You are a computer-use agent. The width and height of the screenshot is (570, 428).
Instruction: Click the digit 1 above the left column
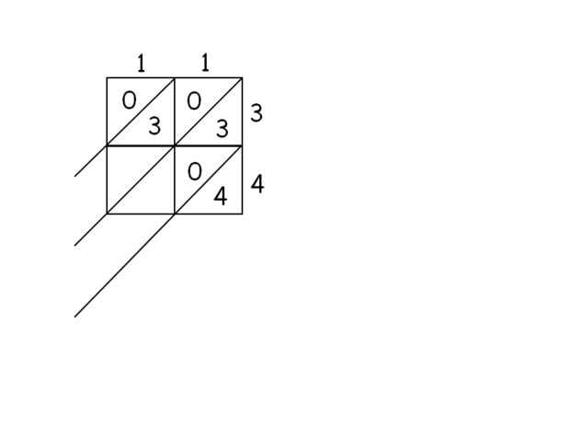tap(141, 64)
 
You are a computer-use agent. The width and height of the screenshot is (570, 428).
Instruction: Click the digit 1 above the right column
tap(205, 63)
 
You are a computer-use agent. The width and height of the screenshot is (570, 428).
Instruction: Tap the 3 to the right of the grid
tap(256, 113)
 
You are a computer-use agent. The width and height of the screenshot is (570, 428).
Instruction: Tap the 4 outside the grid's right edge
tap(257, 184)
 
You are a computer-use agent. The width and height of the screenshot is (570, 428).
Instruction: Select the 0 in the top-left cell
tap(129, 100)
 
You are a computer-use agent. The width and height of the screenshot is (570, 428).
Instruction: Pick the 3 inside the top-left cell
tap(154, 126)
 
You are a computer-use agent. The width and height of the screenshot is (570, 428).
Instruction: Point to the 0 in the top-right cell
tap(194, 100)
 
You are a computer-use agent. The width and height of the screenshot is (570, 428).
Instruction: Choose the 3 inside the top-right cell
tap(222, 129)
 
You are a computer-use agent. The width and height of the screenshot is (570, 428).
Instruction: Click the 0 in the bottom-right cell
tap(194, 171)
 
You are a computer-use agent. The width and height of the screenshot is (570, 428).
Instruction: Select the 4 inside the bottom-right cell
tap(221, 196)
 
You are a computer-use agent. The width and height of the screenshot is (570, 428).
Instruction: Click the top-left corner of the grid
tap(107, 77)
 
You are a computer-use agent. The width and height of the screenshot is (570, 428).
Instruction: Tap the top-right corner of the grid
tap(242, 77)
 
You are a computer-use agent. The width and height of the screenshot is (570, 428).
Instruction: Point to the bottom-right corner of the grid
tap(242, 214)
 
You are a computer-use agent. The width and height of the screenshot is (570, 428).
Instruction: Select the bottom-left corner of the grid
tap(107, 214)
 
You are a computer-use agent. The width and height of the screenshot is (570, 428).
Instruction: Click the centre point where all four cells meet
tap(175, 145)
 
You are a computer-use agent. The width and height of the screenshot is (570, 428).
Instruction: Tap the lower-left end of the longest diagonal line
tap(74, 317)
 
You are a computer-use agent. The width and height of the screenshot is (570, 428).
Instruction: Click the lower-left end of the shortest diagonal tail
tap(74, 176)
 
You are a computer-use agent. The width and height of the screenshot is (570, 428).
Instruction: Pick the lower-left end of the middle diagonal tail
tap(74, 246)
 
